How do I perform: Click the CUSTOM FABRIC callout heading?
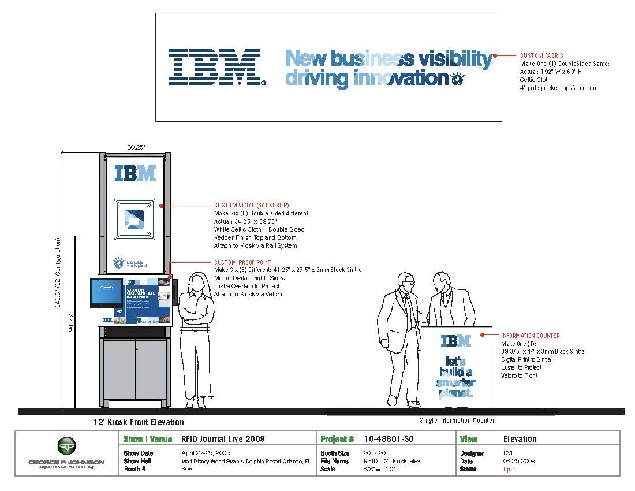[x=541, y=55]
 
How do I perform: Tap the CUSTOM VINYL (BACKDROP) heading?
[x=252, y=205]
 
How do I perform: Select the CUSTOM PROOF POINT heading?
[x=242, y=262]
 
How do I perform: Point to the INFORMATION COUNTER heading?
[x=530, y=336]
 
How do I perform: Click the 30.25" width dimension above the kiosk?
[x=136, y=148]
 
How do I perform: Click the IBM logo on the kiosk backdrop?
[x=135, y=173]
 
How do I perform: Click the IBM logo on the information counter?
[x=455, y=341]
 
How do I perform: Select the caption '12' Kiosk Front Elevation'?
[x=139, y=422]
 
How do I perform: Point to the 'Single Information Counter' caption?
[x=457, y=421]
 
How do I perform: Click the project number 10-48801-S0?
[x=389, y=439]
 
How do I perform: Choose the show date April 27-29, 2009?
[x=206, y=453]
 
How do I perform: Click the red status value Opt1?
[x=509, y=470]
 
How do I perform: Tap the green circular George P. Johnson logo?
[x=66, y=445]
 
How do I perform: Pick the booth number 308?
[x=186, y=470]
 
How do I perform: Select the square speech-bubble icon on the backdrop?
[x=135, y=220]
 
